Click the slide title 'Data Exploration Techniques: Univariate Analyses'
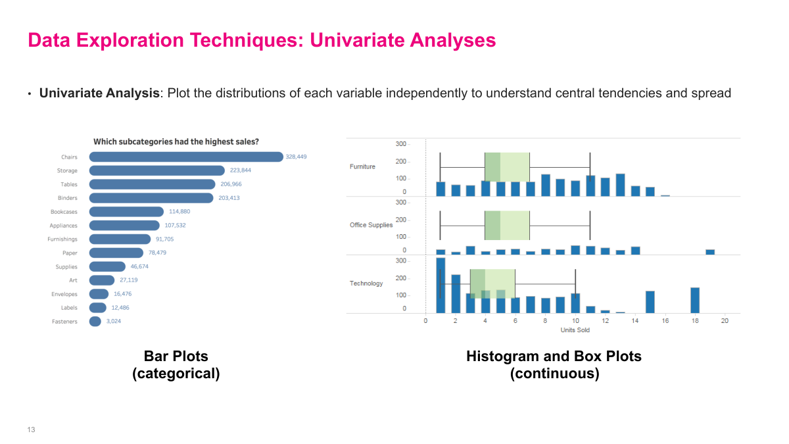(x=262, y=41)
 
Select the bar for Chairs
(x=186, y=157)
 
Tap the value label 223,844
(x=240, y=170)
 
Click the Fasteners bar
(x=95, y=322)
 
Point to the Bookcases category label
(x=64, y=212)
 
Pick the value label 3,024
(x=113, y=322)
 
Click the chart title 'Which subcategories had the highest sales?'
(x=176, y=141)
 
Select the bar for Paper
(x=116, y=253)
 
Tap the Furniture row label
(x=362, y=167)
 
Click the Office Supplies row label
(x=371, y=225)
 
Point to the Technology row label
(x=366, y=284)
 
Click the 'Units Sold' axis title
(x=575, y=330)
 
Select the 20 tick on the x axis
(x=725, y=321)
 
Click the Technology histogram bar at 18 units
(x=695, y=301)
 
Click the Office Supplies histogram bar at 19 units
(x=710, y=252)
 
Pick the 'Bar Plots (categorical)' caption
(x=176, y=365)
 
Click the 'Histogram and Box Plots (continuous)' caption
(x=554, y=365)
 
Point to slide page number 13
(x=31, y=430)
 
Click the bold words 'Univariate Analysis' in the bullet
(x=99, y=93)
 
